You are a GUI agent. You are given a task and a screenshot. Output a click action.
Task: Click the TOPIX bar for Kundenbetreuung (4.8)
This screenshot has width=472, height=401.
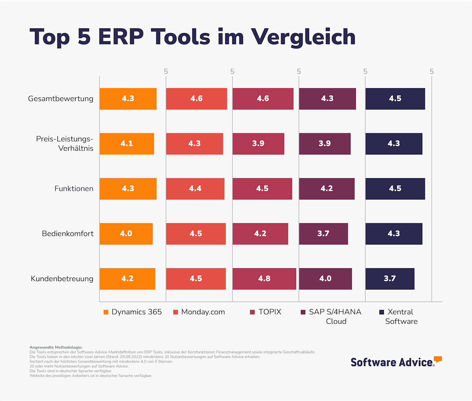coord(264,279)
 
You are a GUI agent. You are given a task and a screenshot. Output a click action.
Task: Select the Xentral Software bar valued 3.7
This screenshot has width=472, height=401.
coord(390,279)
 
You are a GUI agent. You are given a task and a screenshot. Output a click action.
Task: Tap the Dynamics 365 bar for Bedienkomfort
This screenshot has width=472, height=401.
coord(126,234)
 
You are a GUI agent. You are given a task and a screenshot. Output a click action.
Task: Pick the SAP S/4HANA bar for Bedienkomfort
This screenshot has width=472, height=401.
coord(323,234)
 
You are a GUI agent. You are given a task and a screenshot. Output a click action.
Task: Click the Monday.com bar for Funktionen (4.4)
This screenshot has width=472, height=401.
coord(195,189)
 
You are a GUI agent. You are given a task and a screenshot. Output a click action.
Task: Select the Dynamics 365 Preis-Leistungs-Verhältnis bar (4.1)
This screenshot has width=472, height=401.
coord(127,144)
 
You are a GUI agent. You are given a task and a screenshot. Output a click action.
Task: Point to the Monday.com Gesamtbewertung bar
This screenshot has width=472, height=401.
coord(196,99)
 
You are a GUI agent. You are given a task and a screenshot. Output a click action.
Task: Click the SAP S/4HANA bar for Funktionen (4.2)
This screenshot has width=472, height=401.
coord(327,189)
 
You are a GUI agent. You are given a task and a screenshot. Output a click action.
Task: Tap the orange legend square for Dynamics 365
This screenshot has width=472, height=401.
coord(106,312)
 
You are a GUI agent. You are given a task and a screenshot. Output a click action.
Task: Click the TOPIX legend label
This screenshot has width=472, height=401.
coord(270,312)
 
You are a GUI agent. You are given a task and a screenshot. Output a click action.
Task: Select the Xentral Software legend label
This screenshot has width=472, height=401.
coord(401,316)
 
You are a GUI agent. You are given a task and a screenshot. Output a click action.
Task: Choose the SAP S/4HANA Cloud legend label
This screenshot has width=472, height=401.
coord(335,316)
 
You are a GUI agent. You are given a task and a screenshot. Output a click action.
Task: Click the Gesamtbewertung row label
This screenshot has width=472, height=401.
coord(61,99)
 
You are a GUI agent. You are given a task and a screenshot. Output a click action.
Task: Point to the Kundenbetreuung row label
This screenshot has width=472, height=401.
coord(62,279)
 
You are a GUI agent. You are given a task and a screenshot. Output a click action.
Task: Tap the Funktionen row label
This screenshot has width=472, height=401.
coord(74,189)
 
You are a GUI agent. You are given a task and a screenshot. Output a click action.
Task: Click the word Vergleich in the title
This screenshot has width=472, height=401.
coord(303,37)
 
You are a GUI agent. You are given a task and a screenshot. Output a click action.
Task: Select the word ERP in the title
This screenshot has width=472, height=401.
coord(121,37)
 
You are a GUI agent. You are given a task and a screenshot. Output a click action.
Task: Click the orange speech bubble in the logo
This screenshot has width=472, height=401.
coord(438,359)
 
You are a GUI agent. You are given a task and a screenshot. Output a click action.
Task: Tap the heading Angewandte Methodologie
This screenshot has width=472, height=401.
coord(56,347)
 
